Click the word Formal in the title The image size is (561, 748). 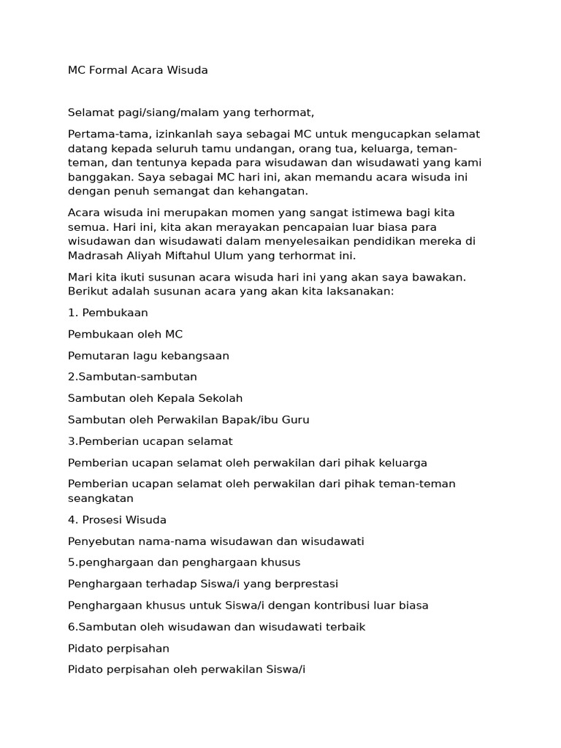click(109, 70)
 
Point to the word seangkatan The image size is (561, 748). click(101, 498)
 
